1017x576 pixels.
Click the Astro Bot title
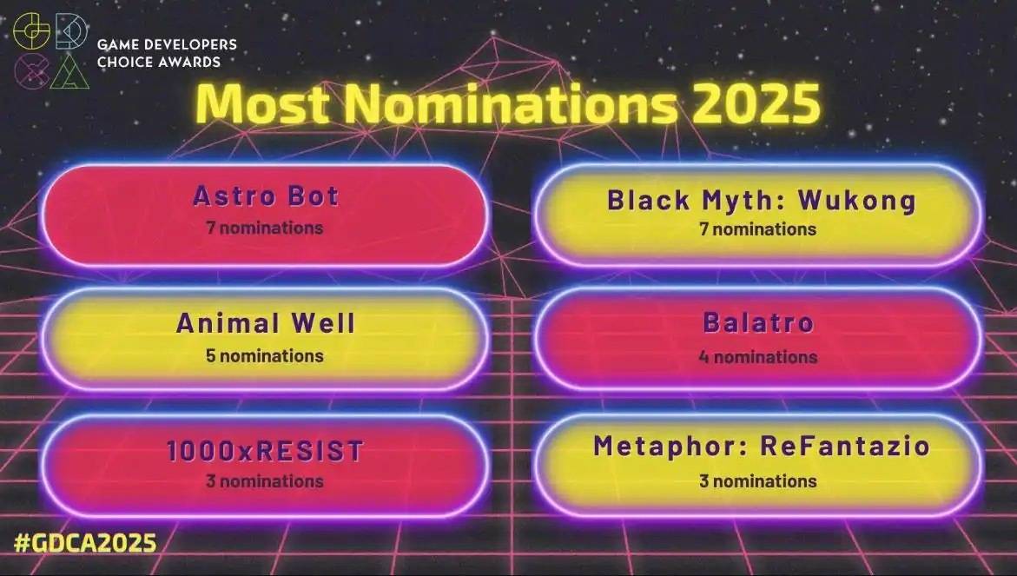point(266,195)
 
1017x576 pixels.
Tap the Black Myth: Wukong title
point(762,201)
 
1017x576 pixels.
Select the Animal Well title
point(266,323)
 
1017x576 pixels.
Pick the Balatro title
point(758,322)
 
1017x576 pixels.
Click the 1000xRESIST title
point(265,451)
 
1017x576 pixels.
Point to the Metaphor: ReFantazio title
point(762,446)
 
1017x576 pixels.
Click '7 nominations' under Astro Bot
point(265,228)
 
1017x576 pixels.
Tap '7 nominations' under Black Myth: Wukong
point(757,229)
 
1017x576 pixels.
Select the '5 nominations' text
point(265,355)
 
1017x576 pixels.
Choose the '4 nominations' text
point(758,357)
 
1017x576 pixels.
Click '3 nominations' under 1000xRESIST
point(265,481)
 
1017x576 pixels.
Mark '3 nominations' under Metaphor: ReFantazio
point(757,481)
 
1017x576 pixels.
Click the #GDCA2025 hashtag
point(85,543)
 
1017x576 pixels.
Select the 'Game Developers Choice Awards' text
point(167,53)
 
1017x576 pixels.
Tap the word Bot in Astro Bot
point(314,195)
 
